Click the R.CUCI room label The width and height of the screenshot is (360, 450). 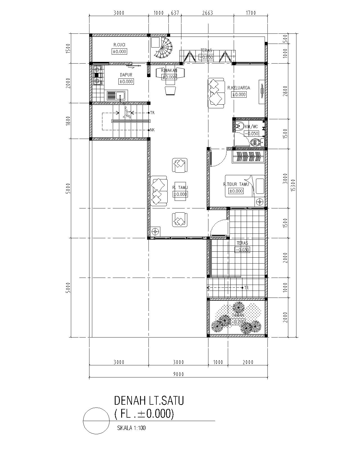tap(119, 45)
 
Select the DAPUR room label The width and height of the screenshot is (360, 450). tap(126, 75)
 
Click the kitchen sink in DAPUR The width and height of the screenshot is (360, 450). tap(117, 96)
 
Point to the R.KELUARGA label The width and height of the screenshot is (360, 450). tap(238, 88)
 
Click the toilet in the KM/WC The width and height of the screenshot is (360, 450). tap(255, 142)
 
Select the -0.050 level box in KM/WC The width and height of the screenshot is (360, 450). tap(251, 134)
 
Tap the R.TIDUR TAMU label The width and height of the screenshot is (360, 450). tap(236, 184)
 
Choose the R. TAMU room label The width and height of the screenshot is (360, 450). tap(180, 188)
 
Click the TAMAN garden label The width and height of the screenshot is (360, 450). tap(238, 316)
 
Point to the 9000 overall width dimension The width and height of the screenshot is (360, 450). tap(178, 374)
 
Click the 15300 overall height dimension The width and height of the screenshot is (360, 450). tap(293, 185)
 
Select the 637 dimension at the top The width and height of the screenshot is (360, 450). tap(175, 13)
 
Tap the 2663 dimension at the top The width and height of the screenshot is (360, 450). tap(207, 13)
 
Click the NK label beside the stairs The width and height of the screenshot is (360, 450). tap(152, 130)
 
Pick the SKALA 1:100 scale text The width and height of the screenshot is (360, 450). tap(131, 428)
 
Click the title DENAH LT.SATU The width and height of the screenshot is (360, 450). tap(149, 400)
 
